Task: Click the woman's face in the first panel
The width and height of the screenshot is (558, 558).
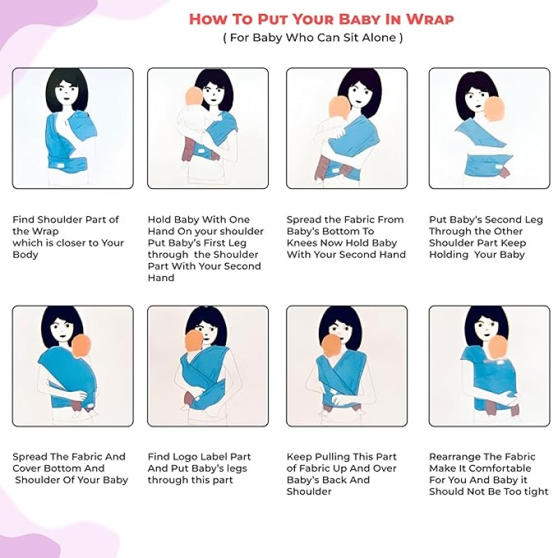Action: [x=67, y=92]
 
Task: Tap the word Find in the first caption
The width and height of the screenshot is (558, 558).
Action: [x=24, y=220]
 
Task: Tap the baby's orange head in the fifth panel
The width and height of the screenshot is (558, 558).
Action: [x=82, y=345]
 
